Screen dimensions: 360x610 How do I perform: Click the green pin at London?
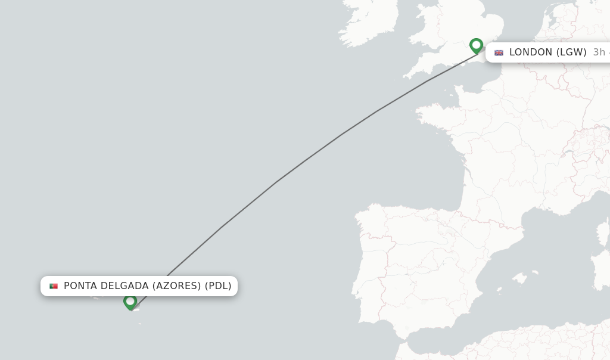pos(476,45)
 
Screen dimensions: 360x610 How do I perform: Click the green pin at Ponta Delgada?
pos(130,302)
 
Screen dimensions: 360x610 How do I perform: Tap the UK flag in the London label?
pos(499,52)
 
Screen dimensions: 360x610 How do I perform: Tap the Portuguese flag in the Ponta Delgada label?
pos(54,286)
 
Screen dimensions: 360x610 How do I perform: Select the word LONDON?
pos(531,52)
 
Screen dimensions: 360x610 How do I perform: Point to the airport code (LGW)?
pos(571,52)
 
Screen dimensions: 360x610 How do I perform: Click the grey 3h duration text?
pos(599,52)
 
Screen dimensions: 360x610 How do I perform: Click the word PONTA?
pos(80,286)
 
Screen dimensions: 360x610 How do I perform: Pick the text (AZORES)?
pos(177,286)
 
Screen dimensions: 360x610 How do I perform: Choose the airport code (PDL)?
pos(218,286)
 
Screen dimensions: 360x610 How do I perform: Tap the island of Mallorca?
pos(522,278)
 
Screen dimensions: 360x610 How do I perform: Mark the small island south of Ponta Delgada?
pos(140,324)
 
